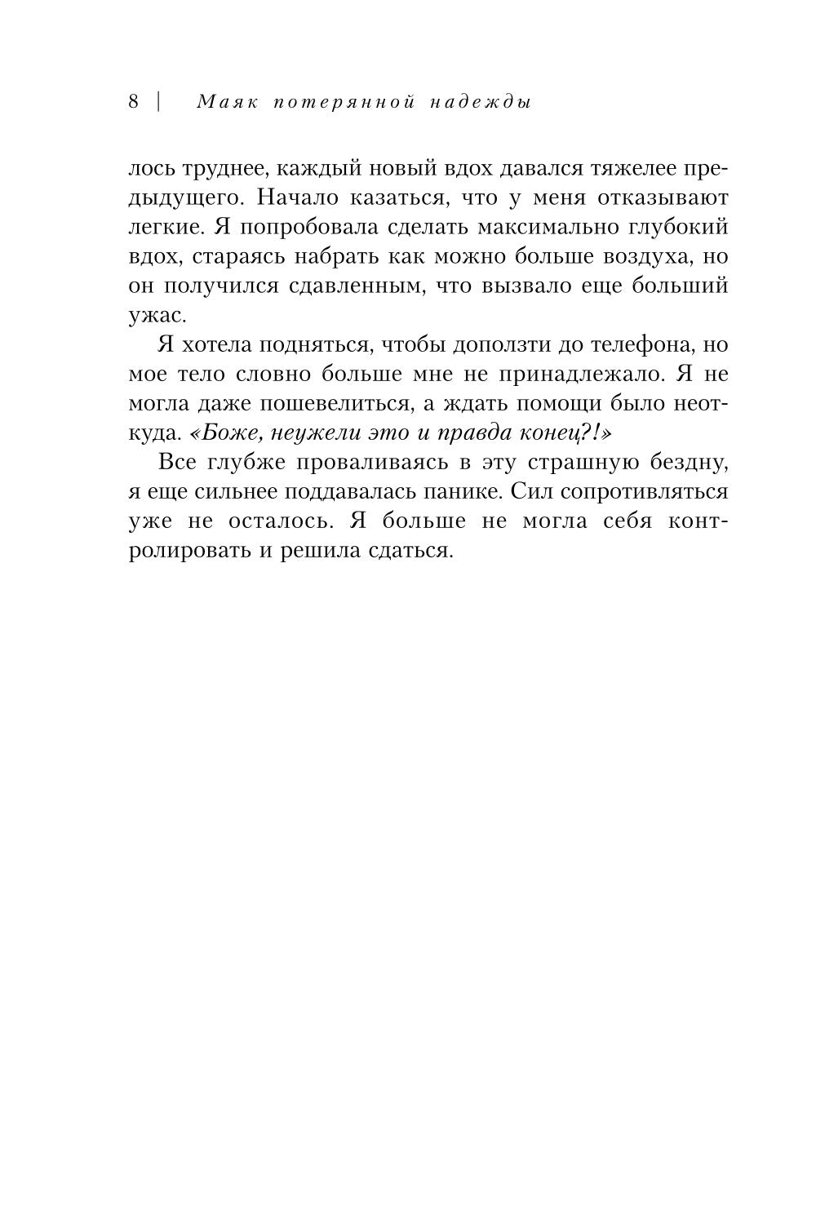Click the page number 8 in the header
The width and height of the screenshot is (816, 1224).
click(134, 102)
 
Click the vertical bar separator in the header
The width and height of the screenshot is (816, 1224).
click(157, 102)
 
